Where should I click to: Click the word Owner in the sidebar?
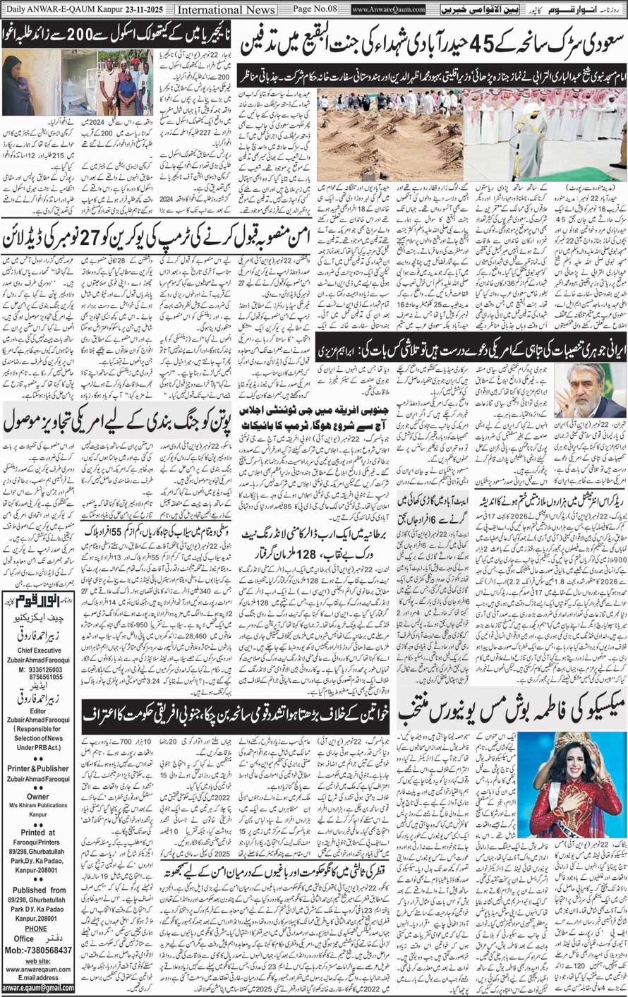(37, 793)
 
